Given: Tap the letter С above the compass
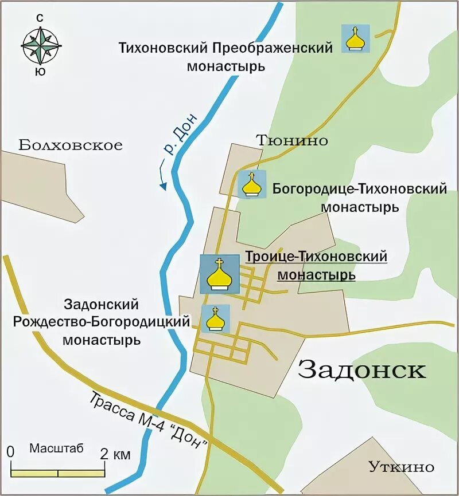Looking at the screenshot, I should tap(40, 18).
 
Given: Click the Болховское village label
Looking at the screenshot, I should tap(71, 145).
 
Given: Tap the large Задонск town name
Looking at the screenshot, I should tap(362, 370).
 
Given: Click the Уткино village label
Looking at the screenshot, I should tap(401, 466).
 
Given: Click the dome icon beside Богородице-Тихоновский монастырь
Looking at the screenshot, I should tap(252, 185).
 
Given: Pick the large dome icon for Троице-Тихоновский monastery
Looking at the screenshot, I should tap(219, 274).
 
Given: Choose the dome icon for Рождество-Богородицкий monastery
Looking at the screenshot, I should tap(215, 318).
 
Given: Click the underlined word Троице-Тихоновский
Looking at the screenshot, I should tap(316, 257).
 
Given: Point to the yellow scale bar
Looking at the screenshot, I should tap(58, 473).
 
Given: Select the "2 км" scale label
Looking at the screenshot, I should tap(115, 455).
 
